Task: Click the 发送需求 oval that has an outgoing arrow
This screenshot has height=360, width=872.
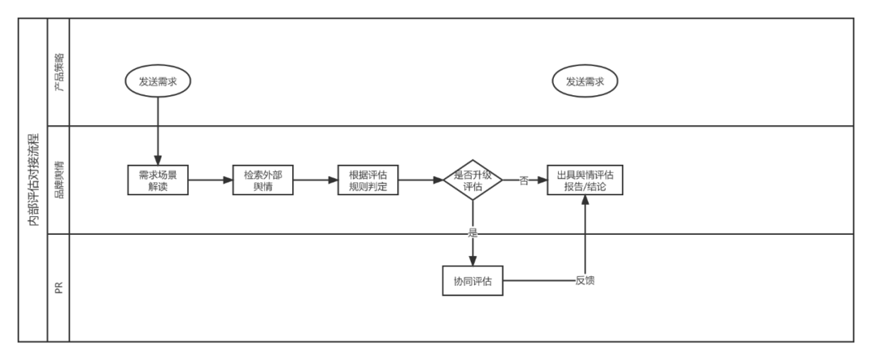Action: (157, 82)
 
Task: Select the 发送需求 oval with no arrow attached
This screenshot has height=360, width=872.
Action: (585, 82)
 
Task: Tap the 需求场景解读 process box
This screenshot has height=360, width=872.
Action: (157, 180)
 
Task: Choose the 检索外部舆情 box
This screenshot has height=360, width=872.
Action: (262, 180)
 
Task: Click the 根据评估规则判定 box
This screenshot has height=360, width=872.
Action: (368, 180)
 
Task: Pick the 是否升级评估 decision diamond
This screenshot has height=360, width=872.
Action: (473, 180)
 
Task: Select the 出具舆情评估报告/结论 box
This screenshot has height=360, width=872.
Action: (585, 180)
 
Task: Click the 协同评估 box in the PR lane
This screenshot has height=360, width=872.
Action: (473, 281)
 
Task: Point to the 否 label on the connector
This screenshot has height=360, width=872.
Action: (523, 181)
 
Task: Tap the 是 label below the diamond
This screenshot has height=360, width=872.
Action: (473, 232)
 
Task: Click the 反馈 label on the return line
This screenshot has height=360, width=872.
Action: (585, 281)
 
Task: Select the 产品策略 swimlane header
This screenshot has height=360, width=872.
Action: (59, 71)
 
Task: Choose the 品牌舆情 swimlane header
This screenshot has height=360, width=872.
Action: (59, 179)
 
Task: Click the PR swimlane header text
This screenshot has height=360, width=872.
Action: (59, 287)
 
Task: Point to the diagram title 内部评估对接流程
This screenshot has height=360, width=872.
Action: (33, 179)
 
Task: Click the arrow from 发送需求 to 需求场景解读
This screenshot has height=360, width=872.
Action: (157, 129)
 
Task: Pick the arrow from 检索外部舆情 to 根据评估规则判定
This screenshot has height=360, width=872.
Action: (315, 180)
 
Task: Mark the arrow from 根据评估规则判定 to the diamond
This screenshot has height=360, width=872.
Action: (420, 180)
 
